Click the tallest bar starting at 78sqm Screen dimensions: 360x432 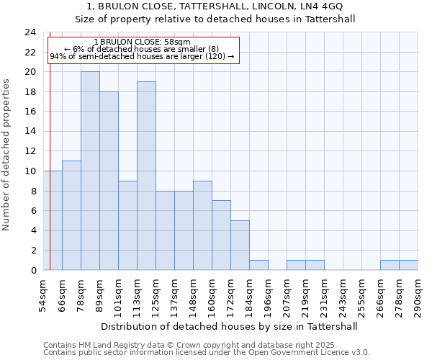[x=90, y=171]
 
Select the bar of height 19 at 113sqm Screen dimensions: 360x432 [x=146, y=176]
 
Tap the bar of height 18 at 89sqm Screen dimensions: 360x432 [x=109, y=181]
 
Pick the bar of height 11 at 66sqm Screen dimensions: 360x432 [x=71, y=215]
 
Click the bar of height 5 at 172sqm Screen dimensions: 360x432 [x=240, y=245]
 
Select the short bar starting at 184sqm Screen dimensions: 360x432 [x=258, y=265]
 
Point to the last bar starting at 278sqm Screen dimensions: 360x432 [x=408, y=265]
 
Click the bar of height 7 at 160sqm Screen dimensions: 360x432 [x=221, y=235]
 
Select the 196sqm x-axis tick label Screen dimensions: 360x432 [x=268, y=296]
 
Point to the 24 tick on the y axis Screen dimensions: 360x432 [x=30, y=32]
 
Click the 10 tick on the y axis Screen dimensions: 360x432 [x=30, y=171]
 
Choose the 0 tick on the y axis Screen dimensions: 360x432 [x=32, y=270]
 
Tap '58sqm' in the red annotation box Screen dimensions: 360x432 [x=176, y=42]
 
